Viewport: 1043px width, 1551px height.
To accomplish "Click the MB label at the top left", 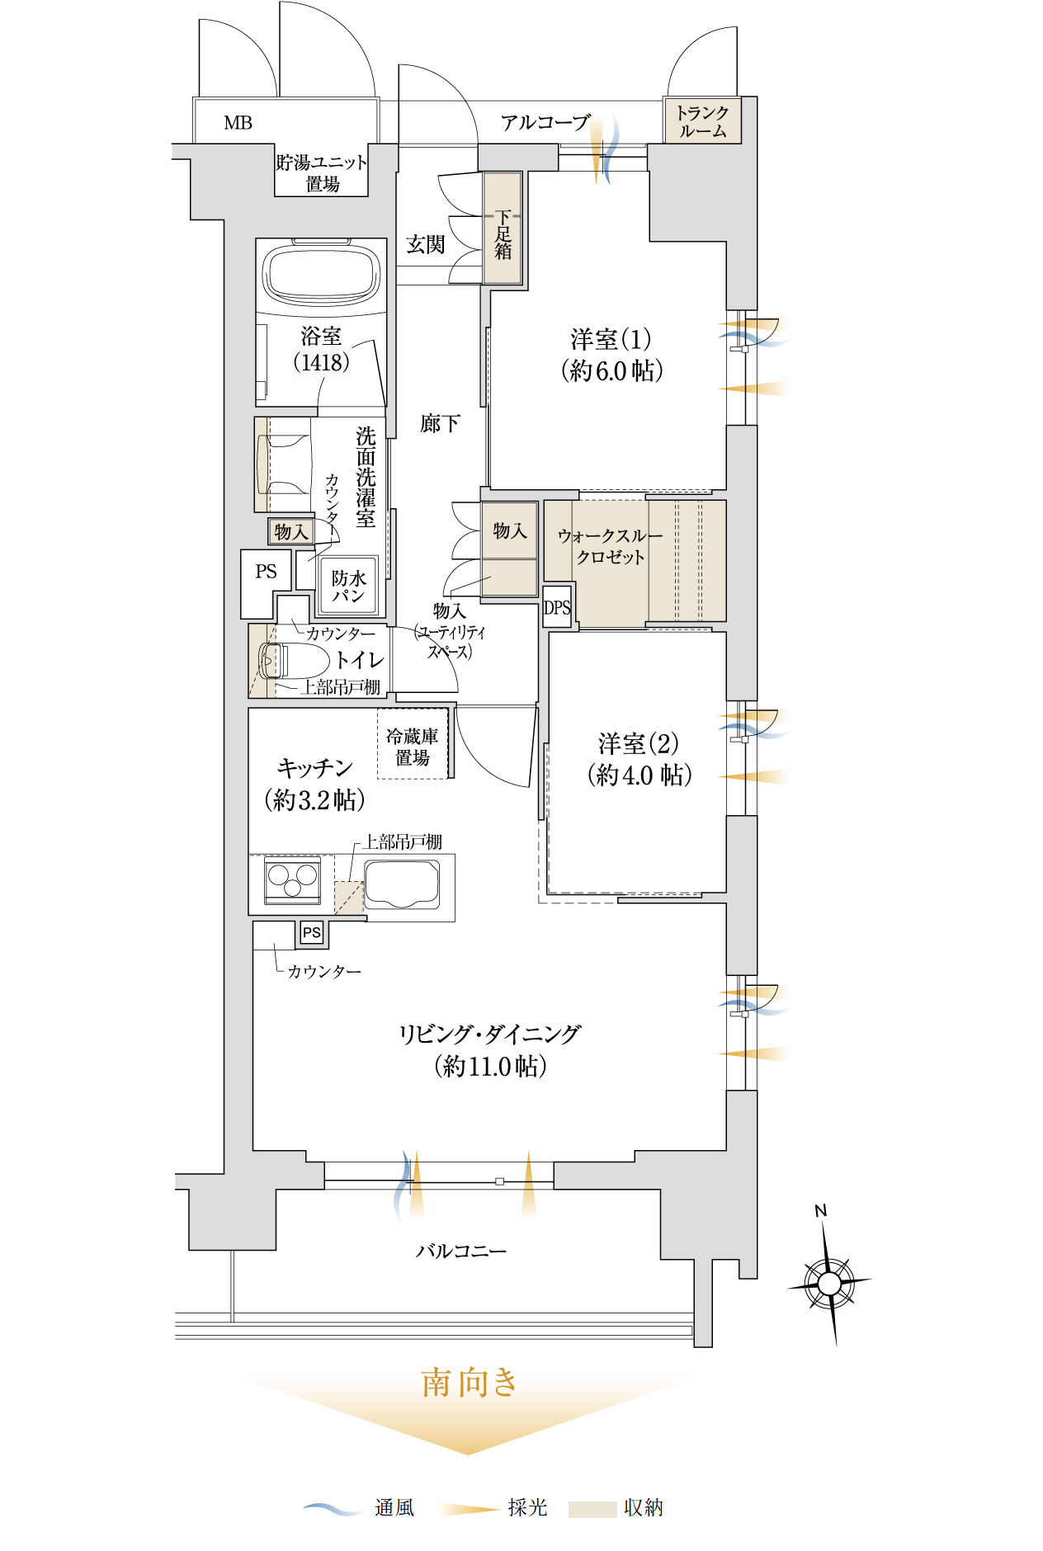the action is click(x=238, y=123).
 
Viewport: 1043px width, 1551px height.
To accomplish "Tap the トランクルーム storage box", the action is click(x=702, y=120).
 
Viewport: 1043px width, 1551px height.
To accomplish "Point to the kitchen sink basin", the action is click(x=402, y=884).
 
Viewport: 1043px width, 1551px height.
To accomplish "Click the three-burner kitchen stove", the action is click(x=292, y=880).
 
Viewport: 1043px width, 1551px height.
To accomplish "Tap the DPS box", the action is click(x=557, y=607).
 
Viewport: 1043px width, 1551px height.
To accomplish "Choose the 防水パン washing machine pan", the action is click(x=348, y=586).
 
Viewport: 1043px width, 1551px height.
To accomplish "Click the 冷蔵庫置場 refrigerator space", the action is click(x=413, y=746).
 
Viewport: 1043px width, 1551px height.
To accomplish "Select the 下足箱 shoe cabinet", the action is click(x=503, y=228).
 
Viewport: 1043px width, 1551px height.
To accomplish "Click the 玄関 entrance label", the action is click(x=426, y=244).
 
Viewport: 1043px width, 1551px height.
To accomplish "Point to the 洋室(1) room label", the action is click(x=611, y=339).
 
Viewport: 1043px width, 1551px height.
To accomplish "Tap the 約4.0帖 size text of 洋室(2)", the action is click(x=639, y=775).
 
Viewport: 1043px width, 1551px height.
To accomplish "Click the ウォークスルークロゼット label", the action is click(x=611, y=546).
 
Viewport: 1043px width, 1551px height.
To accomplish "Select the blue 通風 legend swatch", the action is click(x=333, y=1508).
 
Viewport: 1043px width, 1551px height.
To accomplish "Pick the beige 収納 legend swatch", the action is click(x=592, y=1509).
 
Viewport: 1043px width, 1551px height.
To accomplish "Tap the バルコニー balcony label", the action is click(x=461, y=1251).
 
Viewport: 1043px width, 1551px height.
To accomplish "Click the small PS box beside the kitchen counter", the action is click(x=311, y=932).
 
